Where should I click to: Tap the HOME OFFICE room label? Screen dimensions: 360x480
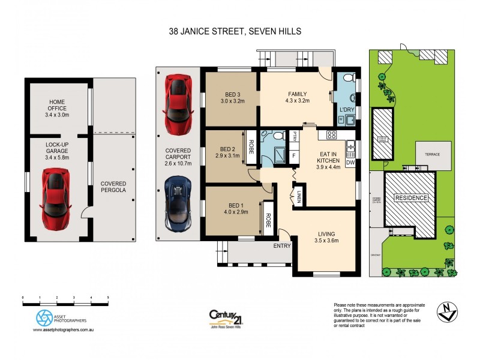[57, 108]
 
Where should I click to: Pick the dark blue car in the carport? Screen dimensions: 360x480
[178, 205]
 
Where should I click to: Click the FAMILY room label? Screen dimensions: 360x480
[297, 94]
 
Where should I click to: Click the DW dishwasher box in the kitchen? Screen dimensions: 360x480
[350, 162]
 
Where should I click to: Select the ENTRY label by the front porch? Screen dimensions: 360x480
[282, 246]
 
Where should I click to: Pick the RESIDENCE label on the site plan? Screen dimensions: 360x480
[410, 197]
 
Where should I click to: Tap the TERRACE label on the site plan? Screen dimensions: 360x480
[433, 154]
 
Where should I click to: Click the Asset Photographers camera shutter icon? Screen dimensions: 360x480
[45, 317]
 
